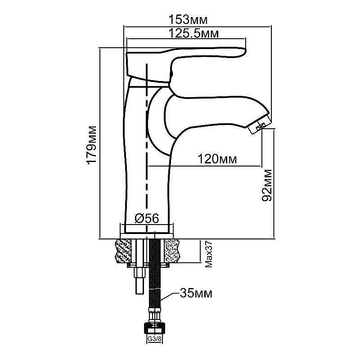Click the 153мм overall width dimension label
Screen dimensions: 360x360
pos(188,19)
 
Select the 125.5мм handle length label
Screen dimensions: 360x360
pos(193,33)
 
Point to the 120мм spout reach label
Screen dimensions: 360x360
pos(217,159)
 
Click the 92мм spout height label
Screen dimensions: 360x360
pos(267,185)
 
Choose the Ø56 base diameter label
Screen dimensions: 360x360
pos(147,218)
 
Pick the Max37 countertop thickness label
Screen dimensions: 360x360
pos(208,254)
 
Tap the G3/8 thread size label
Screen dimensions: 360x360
pos(154,338)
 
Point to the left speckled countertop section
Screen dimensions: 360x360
pos(122,252)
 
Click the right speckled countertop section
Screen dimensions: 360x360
pos(172,251)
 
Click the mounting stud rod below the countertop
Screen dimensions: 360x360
pos(139,266)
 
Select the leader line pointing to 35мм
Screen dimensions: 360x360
pos(170,297)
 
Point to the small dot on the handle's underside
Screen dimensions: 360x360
pos(171,74)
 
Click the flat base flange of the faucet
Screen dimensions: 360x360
pos(147,236)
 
